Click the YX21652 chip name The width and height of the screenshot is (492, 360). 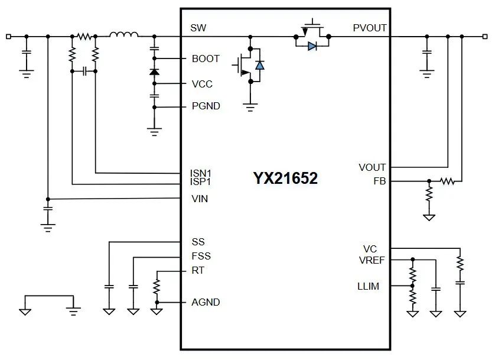click(285, 179)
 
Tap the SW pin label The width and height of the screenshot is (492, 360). click(198, 28)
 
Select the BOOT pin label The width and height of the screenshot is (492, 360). click(206, 59)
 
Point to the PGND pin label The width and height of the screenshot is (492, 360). click(206, 106)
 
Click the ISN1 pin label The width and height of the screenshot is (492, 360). click(201, 173)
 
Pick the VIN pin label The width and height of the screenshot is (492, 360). click(200, 199)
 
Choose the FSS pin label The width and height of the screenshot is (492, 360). click(201, 256)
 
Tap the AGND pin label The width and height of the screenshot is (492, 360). click(206, 302)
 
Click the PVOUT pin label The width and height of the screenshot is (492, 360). click(369, 28)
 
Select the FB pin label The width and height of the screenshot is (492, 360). click(379, 181)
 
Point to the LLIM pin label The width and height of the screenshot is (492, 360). click(368, 286)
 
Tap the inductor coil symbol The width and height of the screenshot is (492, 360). click(124, 35)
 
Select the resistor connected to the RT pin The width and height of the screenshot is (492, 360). click(157, 287)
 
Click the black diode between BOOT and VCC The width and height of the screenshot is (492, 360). click(155, 72)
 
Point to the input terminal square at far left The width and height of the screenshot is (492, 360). click(8, 36)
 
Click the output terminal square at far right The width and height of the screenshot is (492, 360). click(486, 36)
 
